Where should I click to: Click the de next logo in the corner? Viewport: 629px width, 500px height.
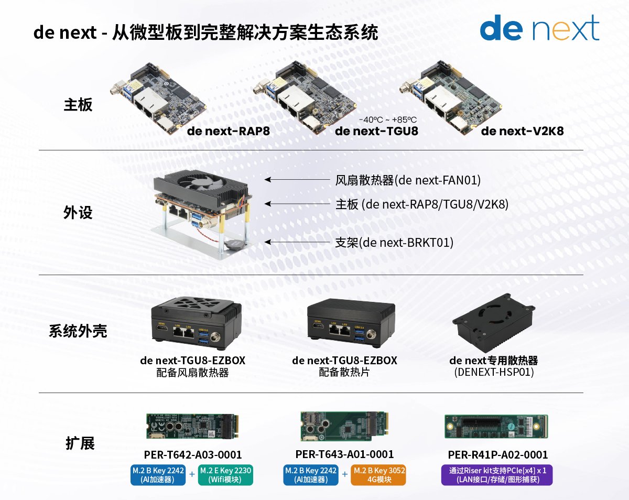pyautogui.click(x=539, y=29)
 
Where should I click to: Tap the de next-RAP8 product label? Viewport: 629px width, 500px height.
pyautogui.click(x=229, y=131)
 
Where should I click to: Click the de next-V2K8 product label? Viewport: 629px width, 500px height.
pyautogui.click(x=522, y=131)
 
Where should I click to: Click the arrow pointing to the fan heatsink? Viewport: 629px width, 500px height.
pyautogui.click(x=296, y=179)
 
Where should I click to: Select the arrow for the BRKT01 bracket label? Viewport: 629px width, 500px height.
pyautogui.click(x=296, y=242)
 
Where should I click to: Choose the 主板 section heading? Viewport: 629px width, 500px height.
pyautogui.click(x=78, y=104)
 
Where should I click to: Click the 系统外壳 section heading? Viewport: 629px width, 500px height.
pyautogui.click(x=78, y=331)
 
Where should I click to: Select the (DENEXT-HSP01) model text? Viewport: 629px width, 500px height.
pyautogui.click(x=493, y=372)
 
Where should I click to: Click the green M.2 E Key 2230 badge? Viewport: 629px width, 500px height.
pyautogui.click(x=225, y=474)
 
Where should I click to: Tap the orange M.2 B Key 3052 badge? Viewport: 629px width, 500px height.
pyautogui.click(x=379, y=474)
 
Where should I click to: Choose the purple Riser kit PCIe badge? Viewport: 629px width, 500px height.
pyautogui.click(x=497, y=474)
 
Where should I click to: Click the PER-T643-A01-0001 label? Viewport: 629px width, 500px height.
pyautogui.click(x=344, y=454)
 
